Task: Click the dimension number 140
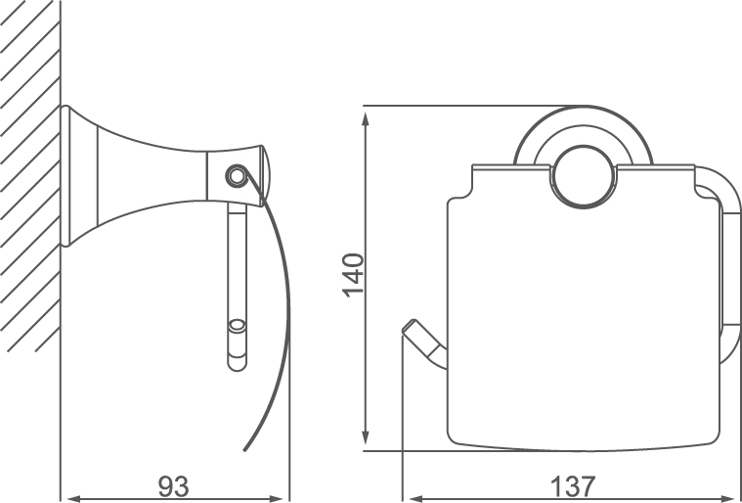pos(353,275)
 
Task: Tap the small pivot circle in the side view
pos(235,177)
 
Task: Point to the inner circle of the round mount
pos(586,176)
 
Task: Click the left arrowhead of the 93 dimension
pos(68,497)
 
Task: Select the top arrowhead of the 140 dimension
pos(366,114)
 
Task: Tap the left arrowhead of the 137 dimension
pos(411,497)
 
